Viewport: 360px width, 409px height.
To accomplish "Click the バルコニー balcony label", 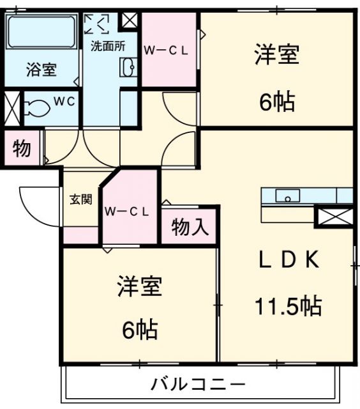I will pyautogui.click(x=198, y=385).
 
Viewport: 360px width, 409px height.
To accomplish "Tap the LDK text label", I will pyautogui.click(x=288, y=259).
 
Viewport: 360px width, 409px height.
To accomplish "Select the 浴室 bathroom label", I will pyautogui.click(x=41, y=69).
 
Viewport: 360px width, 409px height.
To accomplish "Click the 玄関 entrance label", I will pyautogui.click(x=80, y=199).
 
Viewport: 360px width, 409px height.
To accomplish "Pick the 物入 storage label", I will pyautogui.click(x=190, y=226).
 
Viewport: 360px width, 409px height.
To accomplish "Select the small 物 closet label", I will pyautogui.click(x=21, y=148).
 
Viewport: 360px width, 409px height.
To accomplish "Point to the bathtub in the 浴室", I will pyautogui.click(x=41, y=33).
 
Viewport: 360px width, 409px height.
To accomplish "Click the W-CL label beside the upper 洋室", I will pyautogui.click(x=165, y=51).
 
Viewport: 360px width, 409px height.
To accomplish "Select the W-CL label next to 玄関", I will pyautogui.click(x=127, y=212).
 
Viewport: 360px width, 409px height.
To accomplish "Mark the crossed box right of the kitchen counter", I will pyautogui.click(x=334, y=215).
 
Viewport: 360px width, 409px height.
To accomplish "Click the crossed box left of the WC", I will pyautogui.click(x=11, y=108).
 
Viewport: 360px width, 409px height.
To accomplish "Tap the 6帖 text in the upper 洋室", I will pyautogui.click(x=276, y=101).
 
